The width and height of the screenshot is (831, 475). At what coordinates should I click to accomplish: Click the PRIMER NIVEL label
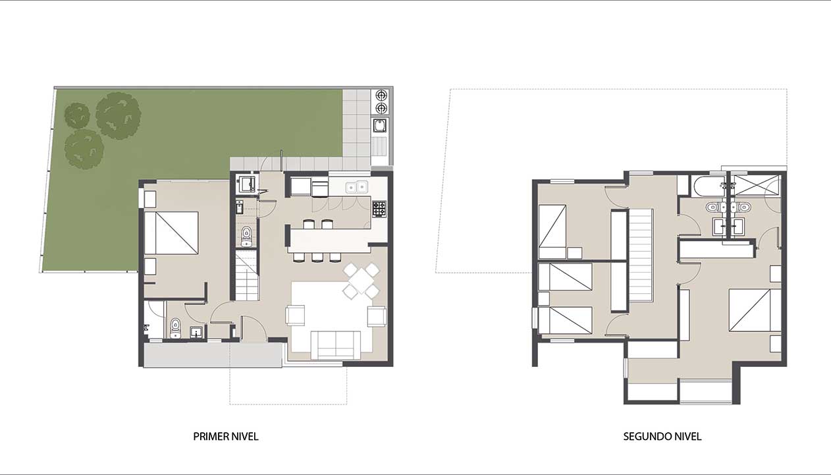tap(226, 436)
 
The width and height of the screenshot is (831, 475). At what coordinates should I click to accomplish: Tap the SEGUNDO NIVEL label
tap(662, 436)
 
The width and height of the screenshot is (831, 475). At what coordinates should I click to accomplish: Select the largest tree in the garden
tap(119, 116)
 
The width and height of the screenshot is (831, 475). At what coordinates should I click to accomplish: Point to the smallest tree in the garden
tap(77, 115)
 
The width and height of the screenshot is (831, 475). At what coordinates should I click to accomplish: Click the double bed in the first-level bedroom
tap(171, 233)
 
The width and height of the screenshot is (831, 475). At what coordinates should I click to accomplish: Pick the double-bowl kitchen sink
tap(356, 187)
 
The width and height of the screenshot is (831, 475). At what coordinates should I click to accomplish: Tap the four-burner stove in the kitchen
tap(379, 209)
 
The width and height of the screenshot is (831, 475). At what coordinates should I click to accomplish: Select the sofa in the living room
tap(335, 345)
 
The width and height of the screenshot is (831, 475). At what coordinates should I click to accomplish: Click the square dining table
tap(361, 281)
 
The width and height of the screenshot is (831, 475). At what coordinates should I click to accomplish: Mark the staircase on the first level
tap(247, 275)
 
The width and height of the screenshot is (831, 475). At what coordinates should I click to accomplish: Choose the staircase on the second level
tap(641, 256)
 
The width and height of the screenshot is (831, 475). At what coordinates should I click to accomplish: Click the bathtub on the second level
tap(707, 186)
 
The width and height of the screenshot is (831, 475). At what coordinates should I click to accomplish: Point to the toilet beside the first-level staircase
tap(246, 237)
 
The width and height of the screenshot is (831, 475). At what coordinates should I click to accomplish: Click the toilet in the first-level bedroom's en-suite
tap(175, 329)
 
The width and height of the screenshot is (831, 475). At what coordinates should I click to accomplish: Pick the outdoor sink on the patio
tap(380, 125)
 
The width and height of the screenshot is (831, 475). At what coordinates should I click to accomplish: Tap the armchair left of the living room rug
tap(295, 316)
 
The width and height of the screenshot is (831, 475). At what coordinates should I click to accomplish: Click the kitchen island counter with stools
tap(329, 240)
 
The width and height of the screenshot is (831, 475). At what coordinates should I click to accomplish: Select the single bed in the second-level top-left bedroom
tap(552, 231)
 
